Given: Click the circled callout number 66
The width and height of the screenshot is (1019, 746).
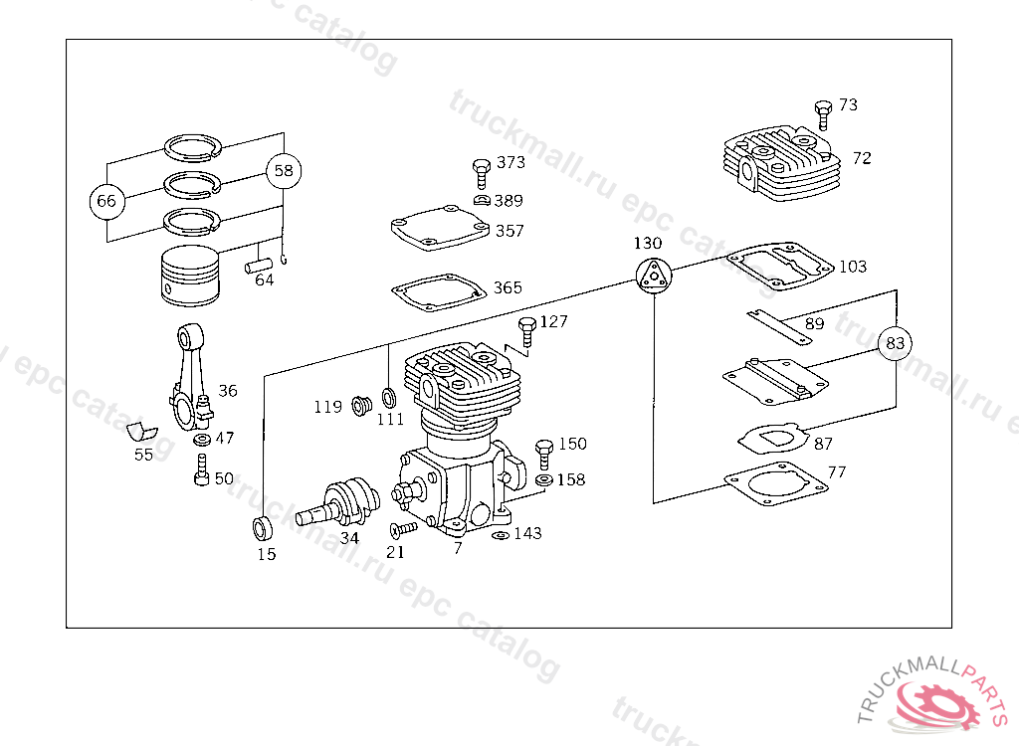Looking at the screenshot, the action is (105, 201).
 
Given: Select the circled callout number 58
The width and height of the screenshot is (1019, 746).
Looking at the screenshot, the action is (284, 171).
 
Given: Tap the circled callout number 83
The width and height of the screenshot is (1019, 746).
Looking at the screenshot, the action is (896, 343).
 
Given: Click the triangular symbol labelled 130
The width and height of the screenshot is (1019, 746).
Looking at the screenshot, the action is (651, 275).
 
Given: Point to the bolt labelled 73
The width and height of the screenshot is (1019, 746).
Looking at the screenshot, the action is (823, 113).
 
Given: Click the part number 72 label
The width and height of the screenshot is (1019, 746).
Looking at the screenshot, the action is (862, 158).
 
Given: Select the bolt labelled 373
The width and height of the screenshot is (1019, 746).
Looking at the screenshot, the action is (480, 172).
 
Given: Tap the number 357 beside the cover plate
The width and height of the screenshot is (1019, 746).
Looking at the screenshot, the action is (509, 231).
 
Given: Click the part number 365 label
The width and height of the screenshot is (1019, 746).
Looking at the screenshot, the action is (508, 288).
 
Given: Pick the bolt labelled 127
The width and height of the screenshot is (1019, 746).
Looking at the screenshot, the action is (527, 332).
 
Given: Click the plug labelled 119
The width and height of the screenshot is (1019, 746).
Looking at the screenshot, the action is (362, 406).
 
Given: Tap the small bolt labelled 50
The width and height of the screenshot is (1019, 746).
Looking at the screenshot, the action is (202, 470).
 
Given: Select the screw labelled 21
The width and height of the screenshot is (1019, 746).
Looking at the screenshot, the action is (402, 528).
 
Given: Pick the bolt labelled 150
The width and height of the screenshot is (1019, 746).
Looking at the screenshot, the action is (544, 454).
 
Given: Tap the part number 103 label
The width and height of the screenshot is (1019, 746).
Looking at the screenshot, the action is (853, 267).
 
